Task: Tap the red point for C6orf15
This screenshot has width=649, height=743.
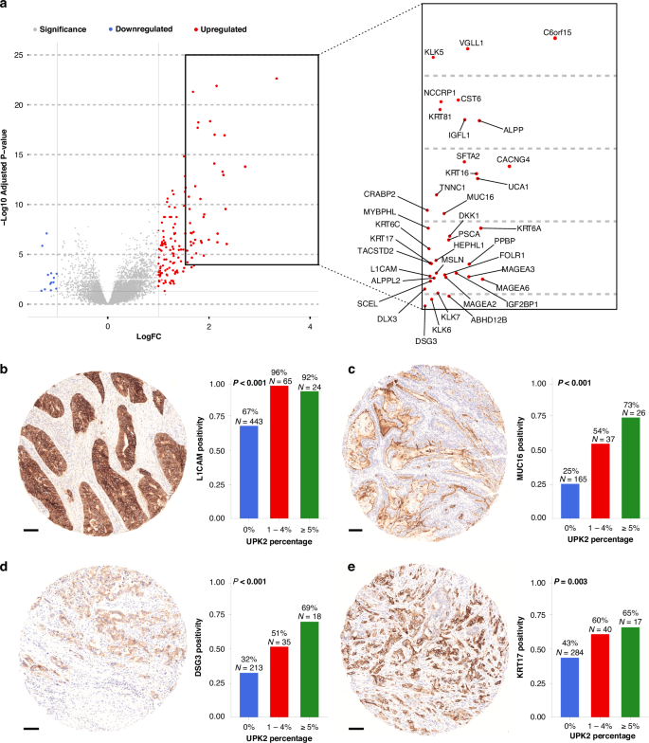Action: [x=554, y=39]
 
